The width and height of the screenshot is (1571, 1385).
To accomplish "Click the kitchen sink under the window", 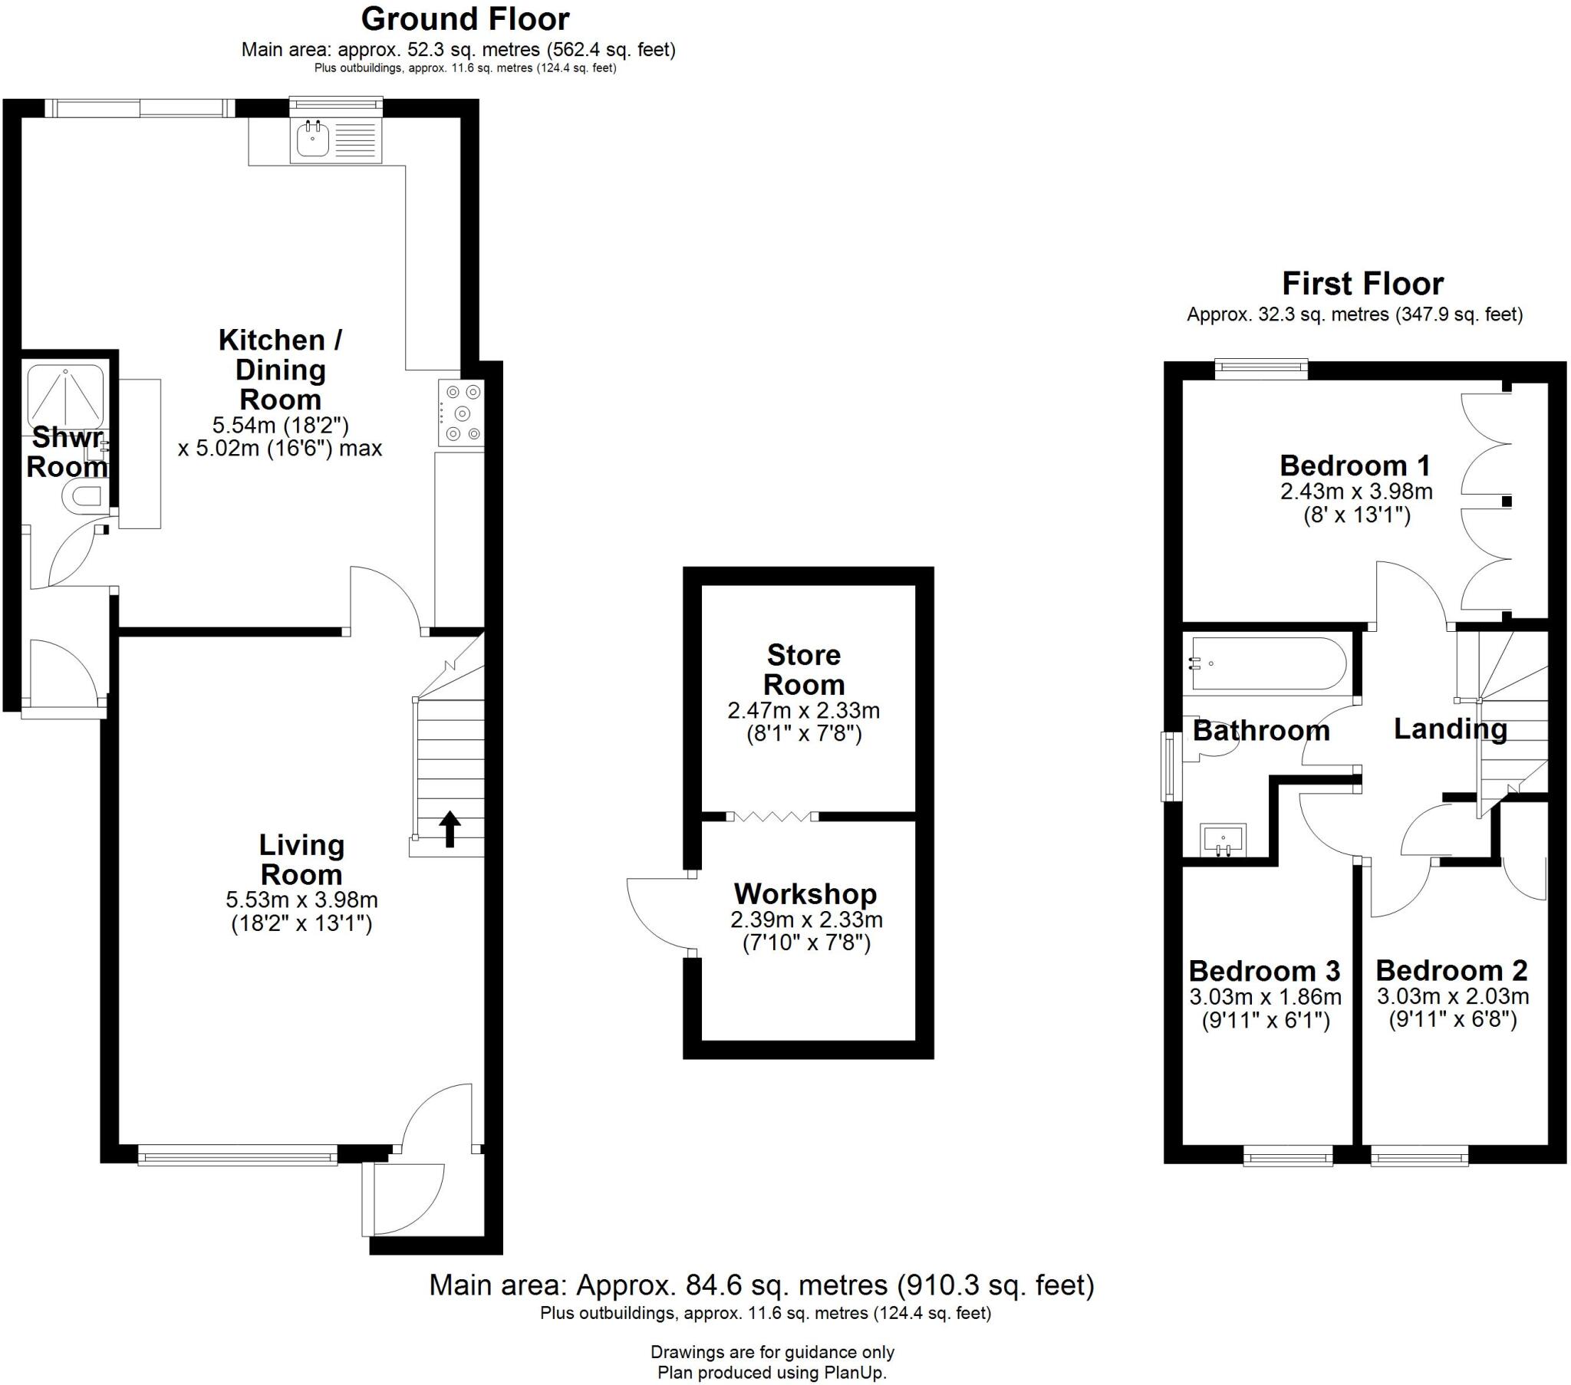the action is pos(313,140).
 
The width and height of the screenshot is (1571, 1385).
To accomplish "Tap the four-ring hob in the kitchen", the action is pos(461,413).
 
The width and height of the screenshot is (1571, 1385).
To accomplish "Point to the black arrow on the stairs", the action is pos(450,828).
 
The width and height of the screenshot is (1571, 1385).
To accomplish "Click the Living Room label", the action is pos(301,859).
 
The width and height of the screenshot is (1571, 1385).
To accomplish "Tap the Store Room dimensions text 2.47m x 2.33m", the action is pos(803,710).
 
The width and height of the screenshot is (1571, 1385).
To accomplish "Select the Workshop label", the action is pos(805,893).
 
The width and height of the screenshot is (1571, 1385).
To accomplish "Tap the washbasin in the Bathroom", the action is pos(1223,838).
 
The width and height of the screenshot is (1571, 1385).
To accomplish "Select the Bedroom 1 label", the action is pos(1354,465).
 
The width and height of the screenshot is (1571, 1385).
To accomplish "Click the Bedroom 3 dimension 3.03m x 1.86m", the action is pos(1265,997).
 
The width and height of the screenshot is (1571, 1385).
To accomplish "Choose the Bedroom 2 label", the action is pos(1451,970).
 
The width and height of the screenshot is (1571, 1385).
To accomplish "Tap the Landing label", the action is pos(1451,729).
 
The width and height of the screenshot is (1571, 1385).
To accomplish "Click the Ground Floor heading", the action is pos(465,18).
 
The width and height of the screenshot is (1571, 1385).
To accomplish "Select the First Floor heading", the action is pos(1362,284).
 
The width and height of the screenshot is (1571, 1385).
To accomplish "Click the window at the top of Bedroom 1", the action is pos(1260,369).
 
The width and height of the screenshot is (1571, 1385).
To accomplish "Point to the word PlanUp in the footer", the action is pos(853,1372).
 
